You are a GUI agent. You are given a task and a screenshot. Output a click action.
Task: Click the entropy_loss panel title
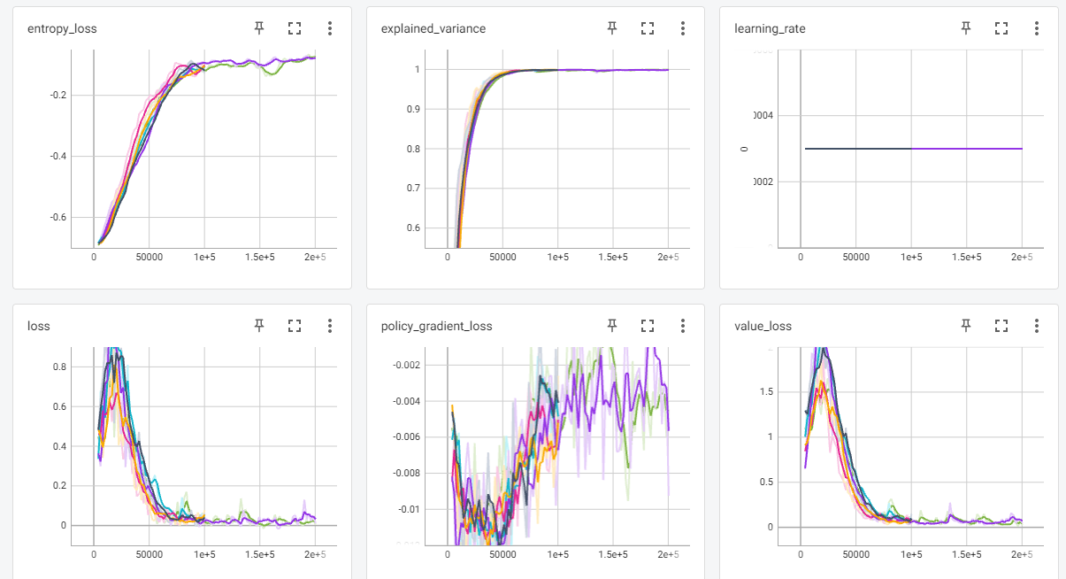coord(62,28)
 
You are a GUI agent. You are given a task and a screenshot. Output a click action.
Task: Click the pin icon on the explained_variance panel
coord(612,28)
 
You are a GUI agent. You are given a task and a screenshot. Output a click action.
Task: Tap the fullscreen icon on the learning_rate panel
coord(1001,28)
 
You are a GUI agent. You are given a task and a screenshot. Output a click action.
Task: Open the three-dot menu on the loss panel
coord(330,326)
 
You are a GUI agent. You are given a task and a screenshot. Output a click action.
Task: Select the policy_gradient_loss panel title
coord(436,326)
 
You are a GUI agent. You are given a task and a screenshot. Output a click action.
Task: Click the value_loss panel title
coord(763,326)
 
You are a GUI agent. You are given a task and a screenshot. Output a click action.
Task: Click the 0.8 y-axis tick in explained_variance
coord(412,149)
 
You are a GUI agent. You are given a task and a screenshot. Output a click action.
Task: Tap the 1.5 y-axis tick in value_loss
coord(766,390)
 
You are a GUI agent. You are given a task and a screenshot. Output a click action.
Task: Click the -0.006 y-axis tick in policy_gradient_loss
coord(406,437)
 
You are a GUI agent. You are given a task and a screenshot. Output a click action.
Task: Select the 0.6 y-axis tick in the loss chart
coord(58,406)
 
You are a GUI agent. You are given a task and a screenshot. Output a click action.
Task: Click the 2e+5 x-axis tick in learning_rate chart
coord(1022,257)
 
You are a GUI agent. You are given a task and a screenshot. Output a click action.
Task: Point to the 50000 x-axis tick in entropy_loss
coord(150,257)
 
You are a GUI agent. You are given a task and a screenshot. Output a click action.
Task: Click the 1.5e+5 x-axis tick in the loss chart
coord(260,554)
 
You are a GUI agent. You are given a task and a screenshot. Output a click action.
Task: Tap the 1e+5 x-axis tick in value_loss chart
coord(911,554)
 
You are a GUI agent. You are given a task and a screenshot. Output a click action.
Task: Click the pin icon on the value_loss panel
coord(965,326)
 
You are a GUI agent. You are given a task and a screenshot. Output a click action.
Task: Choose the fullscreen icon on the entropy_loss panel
coord(295,28)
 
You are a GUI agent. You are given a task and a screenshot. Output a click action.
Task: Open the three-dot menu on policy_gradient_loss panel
coord(683,326)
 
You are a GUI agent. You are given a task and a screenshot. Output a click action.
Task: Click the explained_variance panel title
coord(433,28)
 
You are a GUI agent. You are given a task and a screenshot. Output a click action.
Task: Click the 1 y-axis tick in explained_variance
coord(417,69)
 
